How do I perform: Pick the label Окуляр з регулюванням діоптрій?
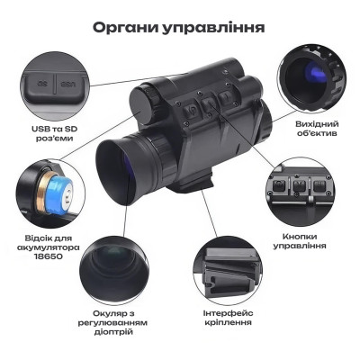pyautogui.click(x=118, y=321)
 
